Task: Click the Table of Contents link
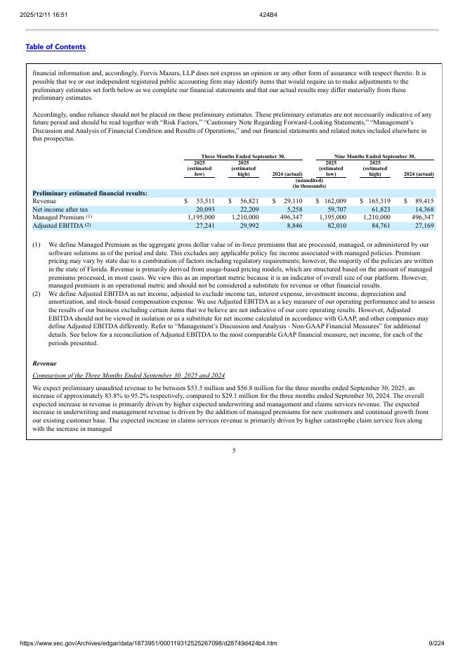(x=55, y=47)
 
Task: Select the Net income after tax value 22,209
(x=245, y=209)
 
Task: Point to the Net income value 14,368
(x=424, y=209)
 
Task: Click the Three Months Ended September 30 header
(x=243, y=156)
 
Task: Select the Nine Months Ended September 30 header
(x=374, y=156)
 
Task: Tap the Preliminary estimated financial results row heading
(x=90, y=193)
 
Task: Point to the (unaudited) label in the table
(x=308, y=180)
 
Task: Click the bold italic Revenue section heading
(x=46, y=363)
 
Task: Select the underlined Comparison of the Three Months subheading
(x=129, y=375)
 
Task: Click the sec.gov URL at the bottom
(x=148, y=643)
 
